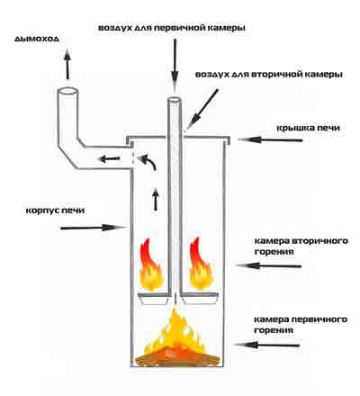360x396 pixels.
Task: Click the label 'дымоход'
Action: click(37, 39)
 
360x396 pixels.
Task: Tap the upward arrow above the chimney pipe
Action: click(67, 65)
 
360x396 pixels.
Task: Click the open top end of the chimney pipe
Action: click(68, 91)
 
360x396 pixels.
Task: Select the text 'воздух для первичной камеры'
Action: click(172, 28)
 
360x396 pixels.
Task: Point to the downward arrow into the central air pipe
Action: click(175, 66)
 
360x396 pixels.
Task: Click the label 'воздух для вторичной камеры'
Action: click(269, 74)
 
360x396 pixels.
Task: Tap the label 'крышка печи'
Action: click(308, 128)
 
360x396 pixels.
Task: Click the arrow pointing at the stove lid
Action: click(270, 139)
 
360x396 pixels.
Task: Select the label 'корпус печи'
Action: click(55, 210)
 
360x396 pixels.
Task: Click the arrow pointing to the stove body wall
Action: click(93, 228)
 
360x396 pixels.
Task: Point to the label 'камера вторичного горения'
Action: click(301, 246)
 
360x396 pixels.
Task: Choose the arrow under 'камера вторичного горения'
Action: click(268, 265)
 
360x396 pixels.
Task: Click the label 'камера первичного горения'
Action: click(301, 325)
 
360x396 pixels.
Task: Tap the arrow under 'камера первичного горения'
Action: click(267, 345)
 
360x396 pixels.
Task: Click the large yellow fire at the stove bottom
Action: click(177, 339)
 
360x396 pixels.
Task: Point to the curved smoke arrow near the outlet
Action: click(148, 160)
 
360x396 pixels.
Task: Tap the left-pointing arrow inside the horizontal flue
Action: click(110, 158)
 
